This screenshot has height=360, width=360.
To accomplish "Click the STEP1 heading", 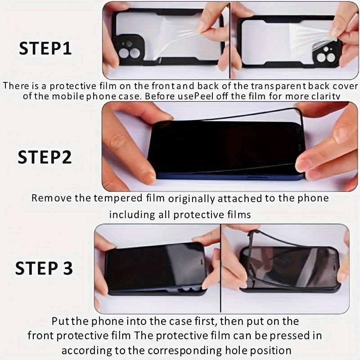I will (45, 49).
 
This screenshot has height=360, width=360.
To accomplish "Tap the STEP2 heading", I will (45, 157).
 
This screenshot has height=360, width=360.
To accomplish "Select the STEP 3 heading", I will (44, 268).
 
